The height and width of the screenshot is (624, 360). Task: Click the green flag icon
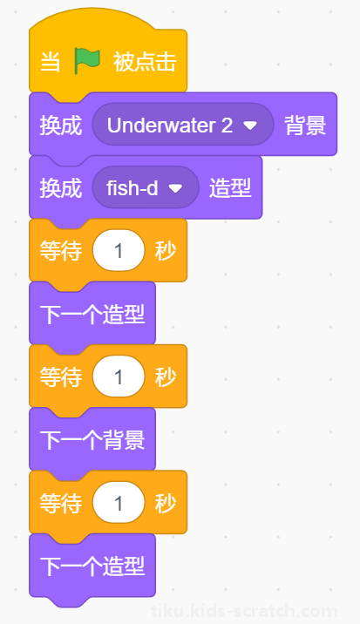[x=87, y=62]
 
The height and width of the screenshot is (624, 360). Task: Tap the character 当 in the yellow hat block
[x=51, y=62]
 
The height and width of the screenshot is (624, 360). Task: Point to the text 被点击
[x=145, y=62]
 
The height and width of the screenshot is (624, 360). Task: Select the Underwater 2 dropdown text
[x=170, y=125]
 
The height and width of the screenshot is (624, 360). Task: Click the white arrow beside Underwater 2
[x=250, y=125]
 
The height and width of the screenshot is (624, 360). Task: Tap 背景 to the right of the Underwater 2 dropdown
[x=305, y=125]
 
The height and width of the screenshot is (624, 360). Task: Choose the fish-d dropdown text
[x=132, y=188]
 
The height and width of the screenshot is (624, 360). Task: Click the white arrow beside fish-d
[x=175, y=188]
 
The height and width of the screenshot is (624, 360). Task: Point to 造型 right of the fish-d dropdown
[x=230, y=188]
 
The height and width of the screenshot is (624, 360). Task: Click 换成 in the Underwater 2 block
[x=61, y=125]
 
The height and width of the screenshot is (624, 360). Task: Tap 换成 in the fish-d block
[x=61, y=188]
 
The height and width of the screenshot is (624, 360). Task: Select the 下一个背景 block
[x=92, y=439]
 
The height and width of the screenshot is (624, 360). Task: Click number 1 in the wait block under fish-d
[x=119, y=251]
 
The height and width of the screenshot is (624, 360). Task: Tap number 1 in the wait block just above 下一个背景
[x=119, y=376]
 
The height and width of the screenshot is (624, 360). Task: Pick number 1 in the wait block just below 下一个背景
[x=119, y=503]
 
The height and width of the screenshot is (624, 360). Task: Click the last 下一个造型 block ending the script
[x=92, y=566]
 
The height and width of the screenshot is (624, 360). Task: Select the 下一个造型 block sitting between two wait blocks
[x=92, y=314]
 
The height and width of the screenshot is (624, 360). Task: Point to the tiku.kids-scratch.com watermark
[x=244, y=611]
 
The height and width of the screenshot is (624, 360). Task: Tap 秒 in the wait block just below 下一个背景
[x=166, y=503]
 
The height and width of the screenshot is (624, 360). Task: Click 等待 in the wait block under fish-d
[x=61, y=251]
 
